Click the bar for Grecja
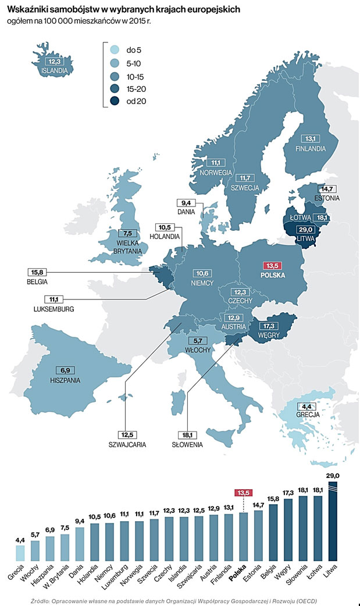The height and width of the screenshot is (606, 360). point(20,553)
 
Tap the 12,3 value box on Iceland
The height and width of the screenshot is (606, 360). point(55,62)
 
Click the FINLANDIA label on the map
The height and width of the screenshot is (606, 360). point(309,148)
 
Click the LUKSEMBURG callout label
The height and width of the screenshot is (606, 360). point(54,309)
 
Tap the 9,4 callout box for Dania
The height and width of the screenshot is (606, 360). point(187,203)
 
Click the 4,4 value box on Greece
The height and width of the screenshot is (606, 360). point(306,407)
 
